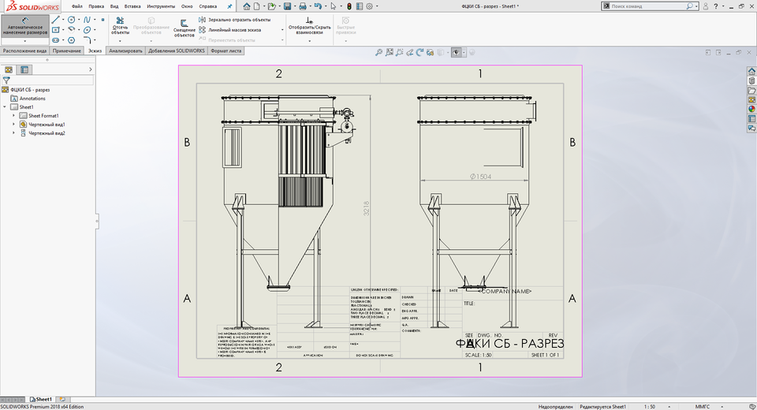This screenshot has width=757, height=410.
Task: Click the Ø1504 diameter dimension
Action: (x=479, y=177)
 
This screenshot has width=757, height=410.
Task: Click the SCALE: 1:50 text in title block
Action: (x=479, y=355)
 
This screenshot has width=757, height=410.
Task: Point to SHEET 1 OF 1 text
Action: (x=545, y=355)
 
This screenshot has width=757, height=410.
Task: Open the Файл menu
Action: (x=77, y=6)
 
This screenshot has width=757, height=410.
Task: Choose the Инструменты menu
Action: (x=161, y=6)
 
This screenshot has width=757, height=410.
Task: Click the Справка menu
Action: (x=208, y=6)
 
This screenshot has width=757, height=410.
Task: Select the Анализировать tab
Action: (x=125, y=50)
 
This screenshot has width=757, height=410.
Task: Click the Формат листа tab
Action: (x=226, y=50)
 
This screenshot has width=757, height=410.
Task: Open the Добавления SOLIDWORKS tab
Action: (x=176, y=50)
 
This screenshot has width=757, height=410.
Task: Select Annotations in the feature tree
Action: (x=32, y=99)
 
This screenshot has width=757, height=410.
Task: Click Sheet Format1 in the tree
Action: (x=44, y=116)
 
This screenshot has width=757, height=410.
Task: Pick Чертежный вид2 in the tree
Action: (x=47, y=133)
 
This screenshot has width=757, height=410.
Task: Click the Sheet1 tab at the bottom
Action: (x=43, y=400)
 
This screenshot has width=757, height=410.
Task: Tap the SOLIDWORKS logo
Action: (x=28, y=6)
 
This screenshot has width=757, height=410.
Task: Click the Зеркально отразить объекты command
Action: (x=239, y=20)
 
